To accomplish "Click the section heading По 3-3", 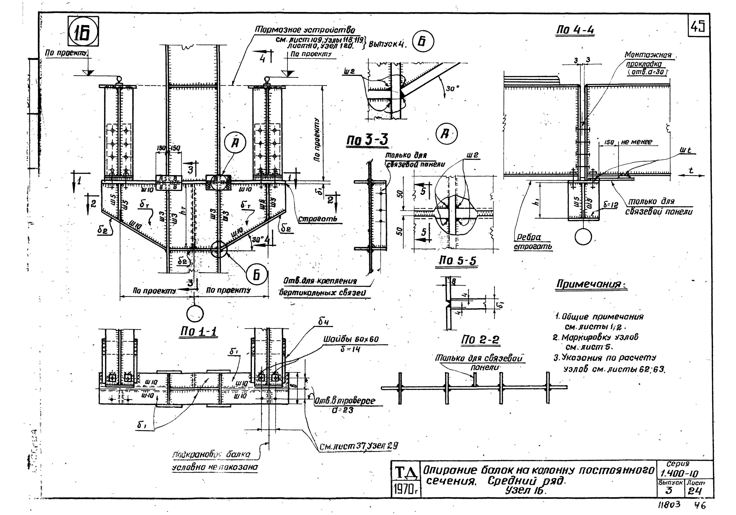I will (x=367, y=140).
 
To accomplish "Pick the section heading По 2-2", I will (x=480, y=340).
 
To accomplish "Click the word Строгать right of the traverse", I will (x=317, y=219).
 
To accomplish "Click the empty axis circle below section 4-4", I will (x=583, y=237).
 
